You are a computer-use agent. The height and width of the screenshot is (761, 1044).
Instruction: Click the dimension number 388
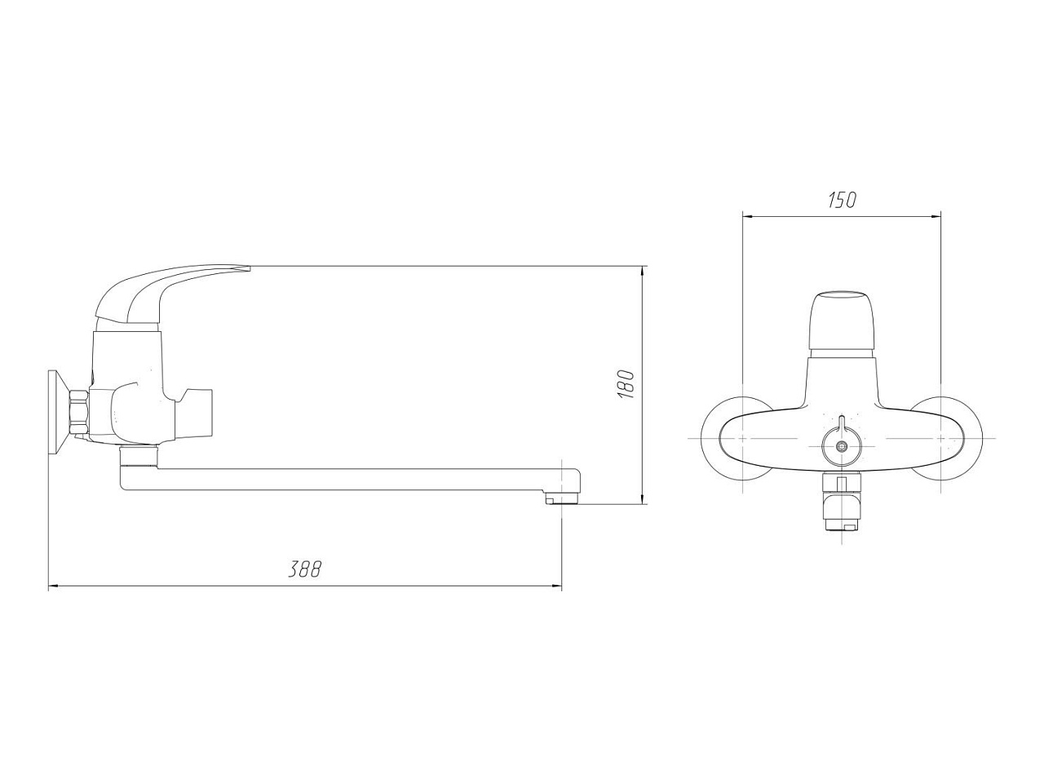305,569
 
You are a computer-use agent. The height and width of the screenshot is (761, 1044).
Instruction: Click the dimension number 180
626,383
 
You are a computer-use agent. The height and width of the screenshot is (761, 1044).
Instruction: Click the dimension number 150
843,200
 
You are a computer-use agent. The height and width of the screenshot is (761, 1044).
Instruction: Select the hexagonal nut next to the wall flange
79,413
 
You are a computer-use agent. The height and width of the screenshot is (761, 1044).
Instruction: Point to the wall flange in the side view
60,413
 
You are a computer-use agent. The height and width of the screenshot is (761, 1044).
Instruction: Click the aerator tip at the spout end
562,499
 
